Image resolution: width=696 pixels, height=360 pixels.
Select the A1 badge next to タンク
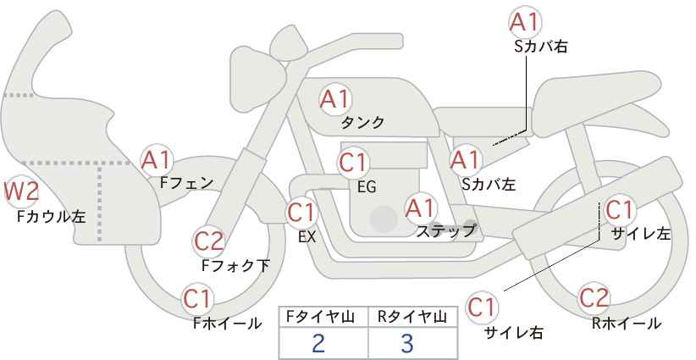pos(334,99)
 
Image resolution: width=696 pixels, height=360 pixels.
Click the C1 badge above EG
pos(354,161)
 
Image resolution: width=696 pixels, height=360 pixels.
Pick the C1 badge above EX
pos(302,213)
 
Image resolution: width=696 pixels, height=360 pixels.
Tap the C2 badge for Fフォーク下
pos(208,242)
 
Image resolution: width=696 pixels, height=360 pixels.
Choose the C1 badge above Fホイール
pos(199,299)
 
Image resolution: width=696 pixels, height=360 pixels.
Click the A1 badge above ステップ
pos(421,206)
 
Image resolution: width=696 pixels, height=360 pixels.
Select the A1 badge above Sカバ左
pos(465,159)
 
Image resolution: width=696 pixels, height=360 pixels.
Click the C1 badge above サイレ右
pos(483,306)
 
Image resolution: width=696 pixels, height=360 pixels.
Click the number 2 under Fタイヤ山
pos(318,344)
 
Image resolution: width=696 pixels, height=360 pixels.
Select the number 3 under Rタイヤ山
pos(408,344)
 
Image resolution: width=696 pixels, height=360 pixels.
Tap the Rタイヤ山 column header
pos(412,317)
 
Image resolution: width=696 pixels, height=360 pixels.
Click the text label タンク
pos(362,123)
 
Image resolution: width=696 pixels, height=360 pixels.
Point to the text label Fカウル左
pos(51,217)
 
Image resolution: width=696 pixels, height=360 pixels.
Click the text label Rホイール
pos(627,324)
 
